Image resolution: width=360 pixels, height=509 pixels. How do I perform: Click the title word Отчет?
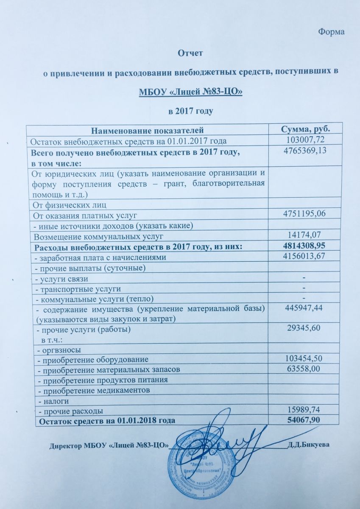tap(190, 54)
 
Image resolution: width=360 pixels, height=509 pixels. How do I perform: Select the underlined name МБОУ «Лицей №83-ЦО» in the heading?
tap(190, 92)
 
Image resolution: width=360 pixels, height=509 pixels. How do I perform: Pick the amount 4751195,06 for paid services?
tap(305, 214)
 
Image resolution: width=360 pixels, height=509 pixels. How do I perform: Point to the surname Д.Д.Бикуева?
tap(308, 445)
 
